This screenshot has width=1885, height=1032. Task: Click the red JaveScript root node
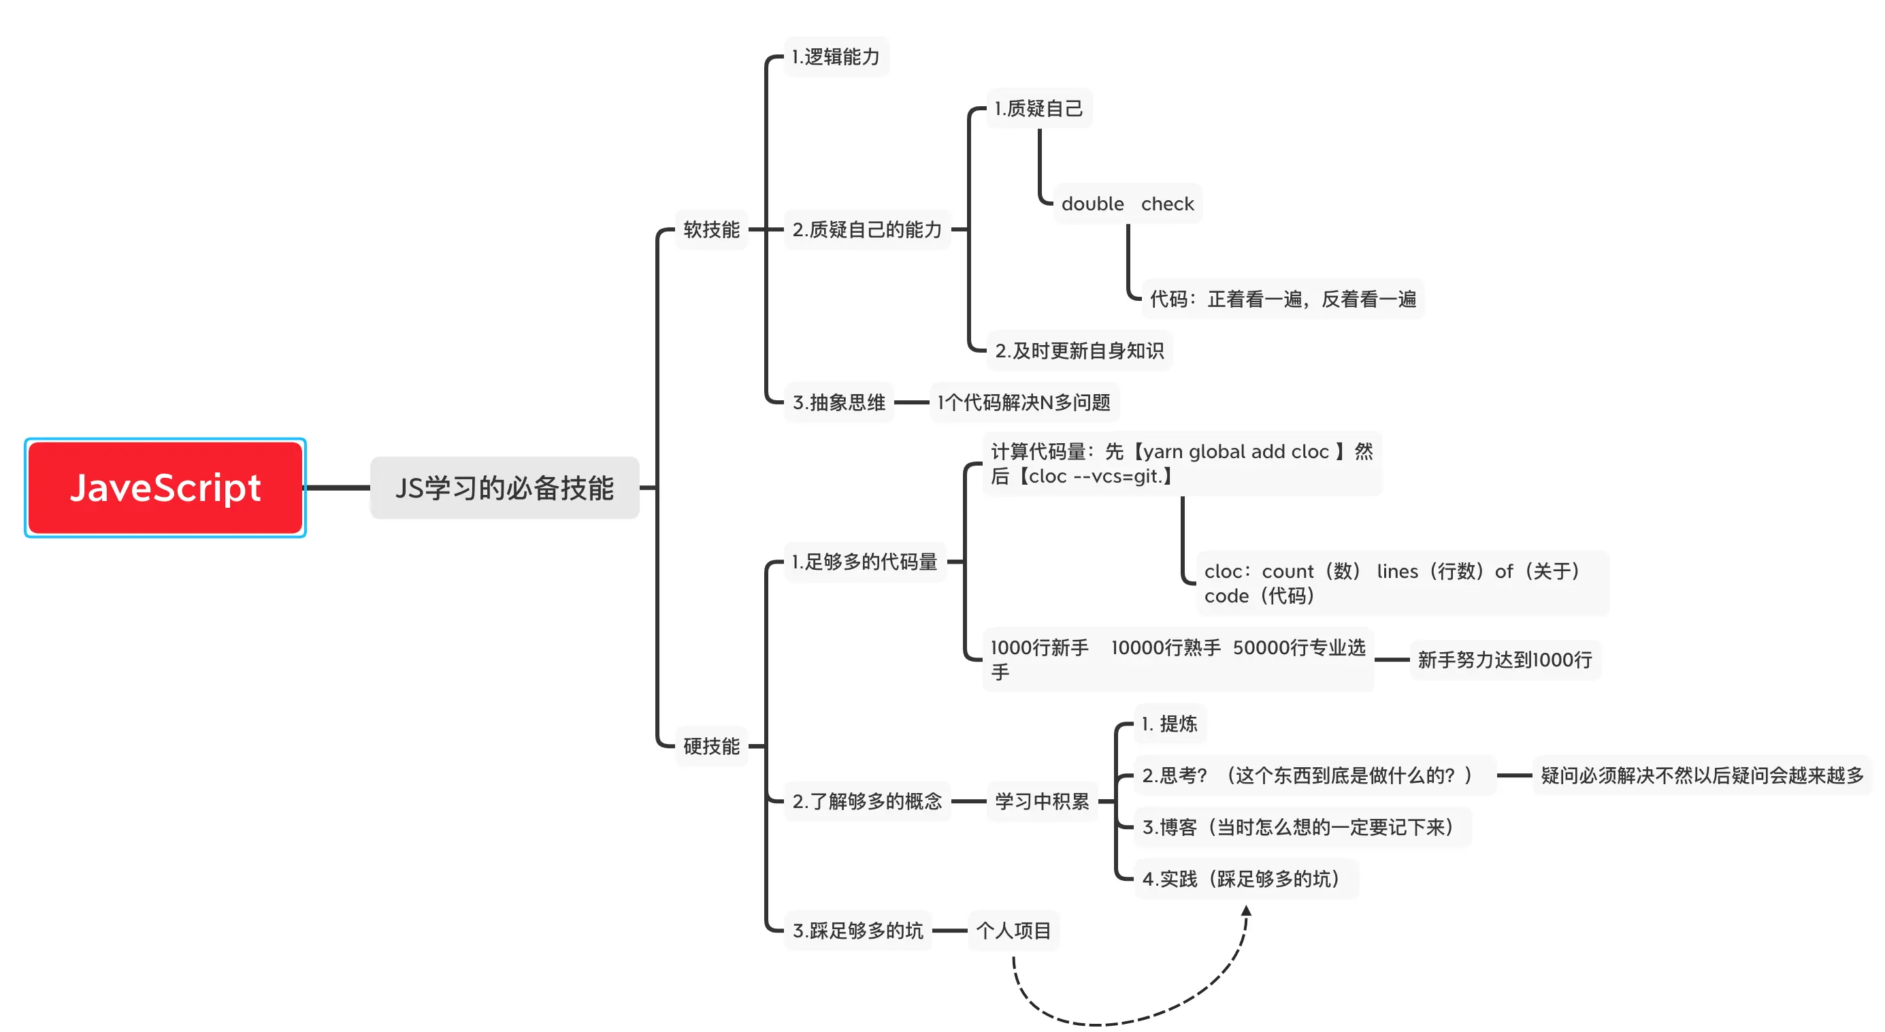[x=165, y=487]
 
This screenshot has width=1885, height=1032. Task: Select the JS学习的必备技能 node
[x=504, y=487]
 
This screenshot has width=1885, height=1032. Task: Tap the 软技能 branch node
[x=710, y=230]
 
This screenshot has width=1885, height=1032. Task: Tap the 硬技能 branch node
[x=710, y=746]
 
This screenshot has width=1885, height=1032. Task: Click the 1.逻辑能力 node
[x=836, y=57]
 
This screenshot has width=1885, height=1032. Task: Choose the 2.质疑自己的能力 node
[x=866, y=230]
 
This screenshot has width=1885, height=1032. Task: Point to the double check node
[x=1127, y=204]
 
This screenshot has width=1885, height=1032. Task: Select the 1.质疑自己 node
[x=1038, y=109]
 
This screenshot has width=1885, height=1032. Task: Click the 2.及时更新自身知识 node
[x=1079, y=351]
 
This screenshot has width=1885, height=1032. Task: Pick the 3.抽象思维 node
[x=838, y=402]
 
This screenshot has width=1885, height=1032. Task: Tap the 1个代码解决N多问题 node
[x=1023, y=402]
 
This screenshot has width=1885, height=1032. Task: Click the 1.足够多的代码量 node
[x=864, y=562]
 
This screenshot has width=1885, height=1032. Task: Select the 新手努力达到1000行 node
[x=1505, y=660]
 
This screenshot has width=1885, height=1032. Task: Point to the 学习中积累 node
[x=1041, y=801]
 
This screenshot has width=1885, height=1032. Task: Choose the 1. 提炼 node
[x=1169, y=724]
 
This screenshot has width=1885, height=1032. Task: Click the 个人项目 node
[x=1013, y=931]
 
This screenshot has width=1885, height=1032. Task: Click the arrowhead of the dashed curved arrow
[x=1246, y=912]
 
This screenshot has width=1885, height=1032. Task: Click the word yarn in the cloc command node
[x=1163, y=451]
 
